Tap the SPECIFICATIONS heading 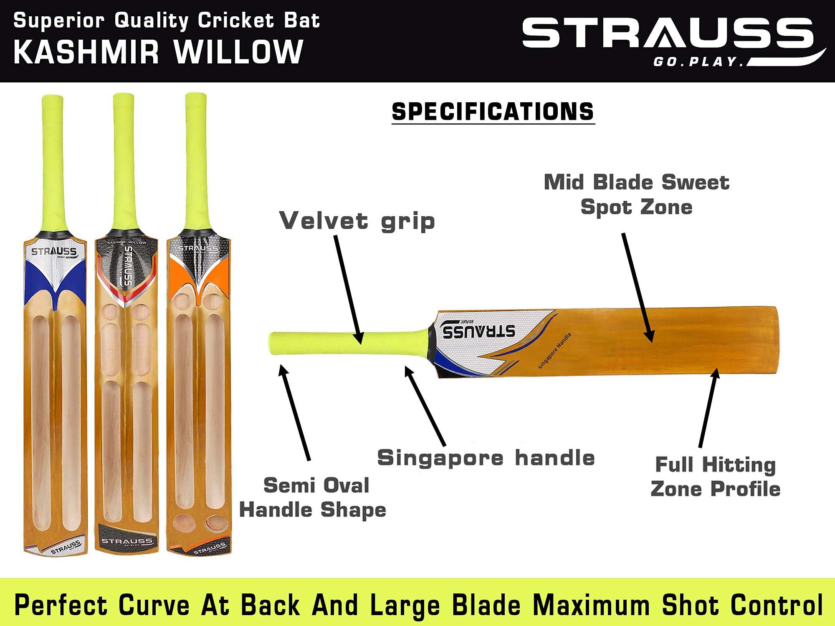point(493,112)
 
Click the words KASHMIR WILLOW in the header point(158,53)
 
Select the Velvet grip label point(357,221)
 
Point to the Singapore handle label point(486,458)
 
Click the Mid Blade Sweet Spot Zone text point(636,194)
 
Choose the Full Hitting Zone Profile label point(715,476)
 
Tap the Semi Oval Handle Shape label point(313,497)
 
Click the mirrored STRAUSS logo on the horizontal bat point(478,331)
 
